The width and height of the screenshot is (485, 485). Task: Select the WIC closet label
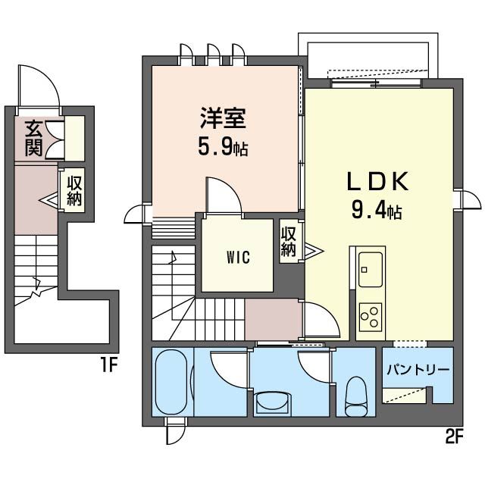pos(237,256)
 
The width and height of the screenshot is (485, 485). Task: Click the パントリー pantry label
pos(418,370)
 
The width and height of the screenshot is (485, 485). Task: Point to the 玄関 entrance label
pos(33,138)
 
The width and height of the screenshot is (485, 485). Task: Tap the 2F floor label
pos(454,438)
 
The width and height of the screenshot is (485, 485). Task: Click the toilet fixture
pos(356,396)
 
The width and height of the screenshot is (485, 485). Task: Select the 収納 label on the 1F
pos(74,191)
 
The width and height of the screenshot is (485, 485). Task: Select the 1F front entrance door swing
pos(39,85)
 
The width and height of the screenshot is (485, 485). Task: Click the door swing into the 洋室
pos(224,196)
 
